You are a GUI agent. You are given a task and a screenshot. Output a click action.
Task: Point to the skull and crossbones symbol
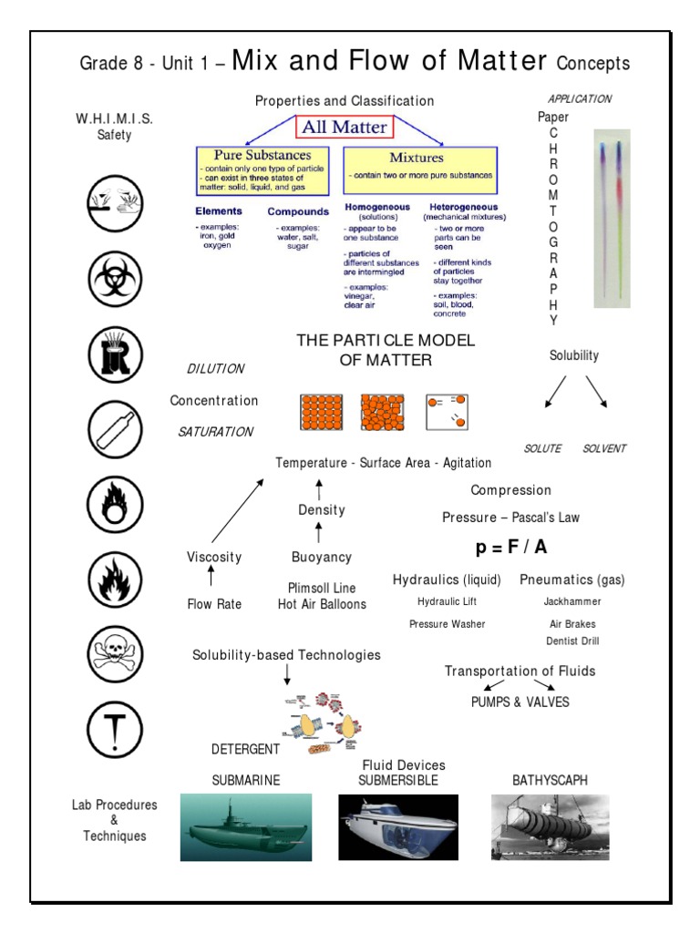coord(115,653)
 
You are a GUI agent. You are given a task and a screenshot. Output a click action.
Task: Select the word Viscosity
coord(214,557)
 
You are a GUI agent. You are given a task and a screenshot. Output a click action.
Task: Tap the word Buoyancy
coord(321,557)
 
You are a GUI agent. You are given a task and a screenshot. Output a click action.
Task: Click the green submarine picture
coord(245,826)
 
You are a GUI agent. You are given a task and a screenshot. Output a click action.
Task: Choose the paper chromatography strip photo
coord(612,218)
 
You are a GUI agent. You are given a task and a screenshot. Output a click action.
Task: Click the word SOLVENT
coord(604,448)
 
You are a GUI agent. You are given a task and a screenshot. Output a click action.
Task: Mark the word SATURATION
coord(215,432)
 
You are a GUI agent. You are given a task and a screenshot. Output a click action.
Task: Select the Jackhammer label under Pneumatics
coord(572,601)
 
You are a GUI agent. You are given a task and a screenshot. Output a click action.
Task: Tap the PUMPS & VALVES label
coord(520,702)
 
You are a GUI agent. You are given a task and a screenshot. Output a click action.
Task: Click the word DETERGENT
coord(245,749)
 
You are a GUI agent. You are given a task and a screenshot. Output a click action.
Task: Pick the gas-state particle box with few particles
coord(446,412)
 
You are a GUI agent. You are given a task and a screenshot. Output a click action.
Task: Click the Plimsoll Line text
coord(322,588)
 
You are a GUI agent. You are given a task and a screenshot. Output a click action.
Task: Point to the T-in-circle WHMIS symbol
coord(115,729)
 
